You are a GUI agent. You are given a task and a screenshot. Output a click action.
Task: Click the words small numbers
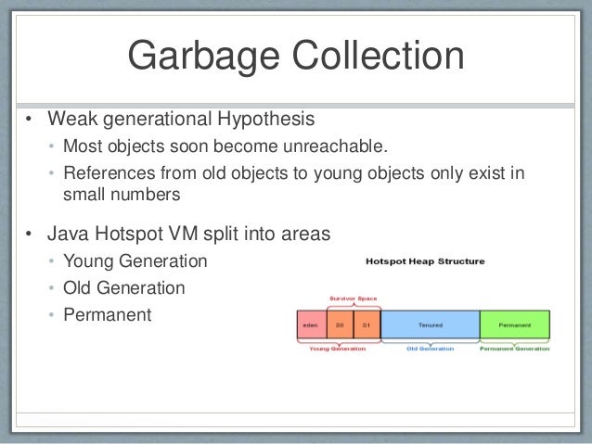(121, 196)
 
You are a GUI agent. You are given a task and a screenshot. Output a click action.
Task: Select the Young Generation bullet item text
(135, 261)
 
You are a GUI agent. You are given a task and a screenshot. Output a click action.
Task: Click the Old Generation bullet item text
(123, 287)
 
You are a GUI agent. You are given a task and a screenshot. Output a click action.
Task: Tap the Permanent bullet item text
(107, 314)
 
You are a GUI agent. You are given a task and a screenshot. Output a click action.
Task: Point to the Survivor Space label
(353, 298)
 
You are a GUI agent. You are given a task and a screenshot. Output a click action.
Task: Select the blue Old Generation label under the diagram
(430, 349)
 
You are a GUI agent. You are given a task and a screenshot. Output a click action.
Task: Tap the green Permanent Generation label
(515, 349)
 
